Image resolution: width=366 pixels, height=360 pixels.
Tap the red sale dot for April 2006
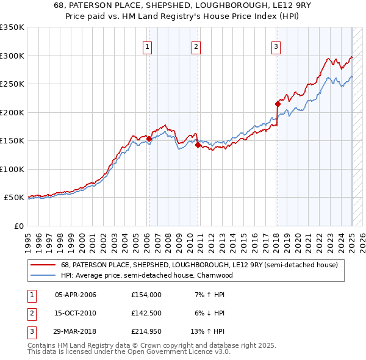coord(148,139)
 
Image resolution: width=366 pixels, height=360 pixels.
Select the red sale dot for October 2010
coord(198,145)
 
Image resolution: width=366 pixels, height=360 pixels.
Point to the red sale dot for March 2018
coord(277,104)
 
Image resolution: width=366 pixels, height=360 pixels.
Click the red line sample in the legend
coord(43,265)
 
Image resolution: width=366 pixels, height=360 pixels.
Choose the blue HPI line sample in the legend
coord(43,275)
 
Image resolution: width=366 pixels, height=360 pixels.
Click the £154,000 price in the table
coord(146,295)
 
